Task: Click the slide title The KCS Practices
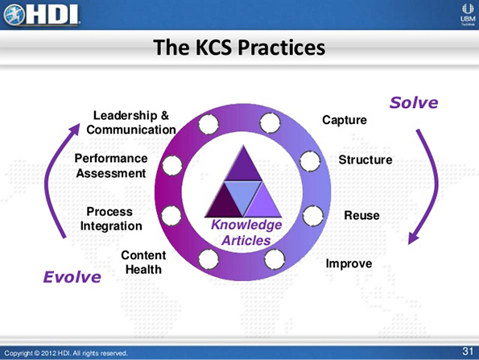(239, 48)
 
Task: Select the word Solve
(414, 102)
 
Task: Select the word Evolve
(72, 277)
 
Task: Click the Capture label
(345, 120)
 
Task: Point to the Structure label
(365, 159)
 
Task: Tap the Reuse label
(361, 215)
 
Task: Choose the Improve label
(349, 263)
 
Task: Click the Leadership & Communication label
(130, 122)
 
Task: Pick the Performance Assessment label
(111, 165)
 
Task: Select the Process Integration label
(111, 219)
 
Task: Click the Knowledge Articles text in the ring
(246, 232)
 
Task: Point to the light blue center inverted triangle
(242, 192)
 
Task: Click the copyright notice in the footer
(66, 353)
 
